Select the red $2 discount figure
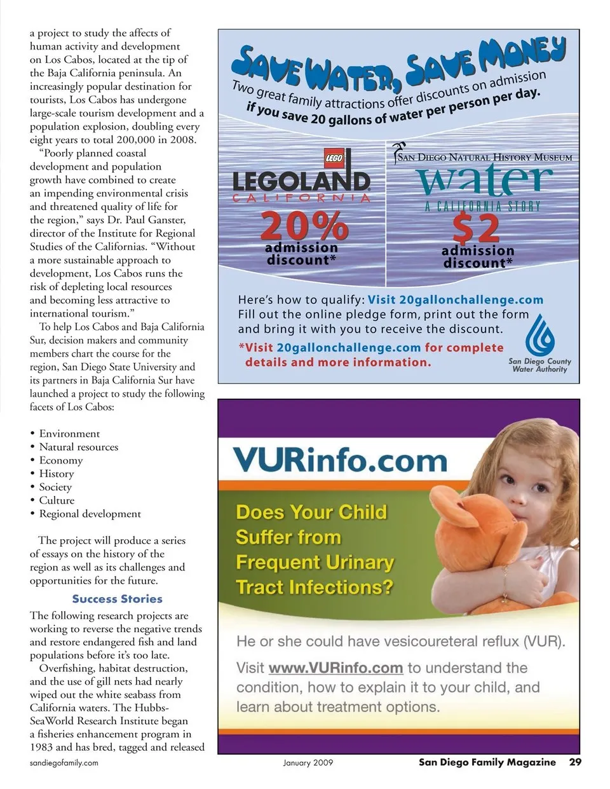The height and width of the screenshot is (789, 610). [x=476, y=228]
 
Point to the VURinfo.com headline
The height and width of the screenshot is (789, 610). [x=340, y=460]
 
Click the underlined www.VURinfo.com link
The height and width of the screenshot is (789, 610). [x=335, y=668]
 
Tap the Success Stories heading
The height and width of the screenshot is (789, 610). [x=117, y=599]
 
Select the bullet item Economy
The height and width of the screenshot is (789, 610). [x=61, y=460]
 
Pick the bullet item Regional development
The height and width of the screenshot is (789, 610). [x=90, y=514]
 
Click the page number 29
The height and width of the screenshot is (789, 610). [x=574, y=762]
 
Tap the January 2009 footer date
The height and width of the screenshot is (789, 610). [x=308, y=763]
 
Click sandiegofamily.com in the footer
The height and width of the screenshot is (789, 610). [x=64, y=763]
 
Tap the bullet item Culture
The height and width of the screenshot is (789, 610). [x=57, y=500]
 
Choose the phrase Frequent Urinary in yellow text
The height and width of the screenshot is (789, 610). [x=315, y=563]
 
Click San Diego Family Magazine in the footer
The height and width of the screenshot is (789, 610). [x=487, y=762]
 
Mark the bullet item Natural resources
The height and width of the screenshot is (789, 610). [x=78, y=447]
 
